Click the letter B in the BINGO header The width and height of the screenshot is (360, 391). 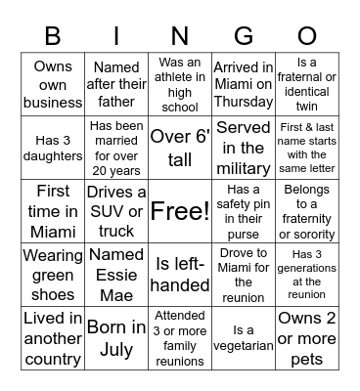53,37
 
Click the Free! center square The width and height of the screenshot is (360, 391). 180,211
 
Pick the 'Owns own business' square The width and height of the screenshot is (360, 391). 53,85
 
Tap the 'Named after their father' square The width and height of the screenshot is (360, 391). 116,85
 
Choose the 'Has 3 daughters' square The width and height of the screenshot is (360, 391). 53,149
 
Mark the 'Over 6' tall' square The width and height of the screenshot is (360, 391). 180,149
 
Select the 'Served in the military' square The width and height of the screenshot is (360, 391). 243,149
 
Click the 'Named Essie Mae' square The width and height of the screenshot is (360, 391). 116,275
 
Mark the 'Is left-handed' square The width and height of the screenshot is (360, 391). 180,275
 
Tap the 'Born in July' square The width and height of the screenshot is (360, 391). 116,338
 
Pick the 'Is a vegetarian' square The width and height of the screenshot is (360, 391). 243,338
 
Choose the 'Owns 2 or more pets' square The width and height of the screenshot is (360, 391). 306,338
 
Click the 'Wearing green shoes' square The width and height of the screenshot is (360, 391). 53,275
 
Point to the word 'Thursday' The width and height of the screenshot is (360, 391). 243,103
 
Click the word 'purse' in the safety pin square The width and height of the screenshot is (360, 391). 243,235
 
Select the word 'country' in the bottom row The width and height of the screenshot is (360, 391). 53,359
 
